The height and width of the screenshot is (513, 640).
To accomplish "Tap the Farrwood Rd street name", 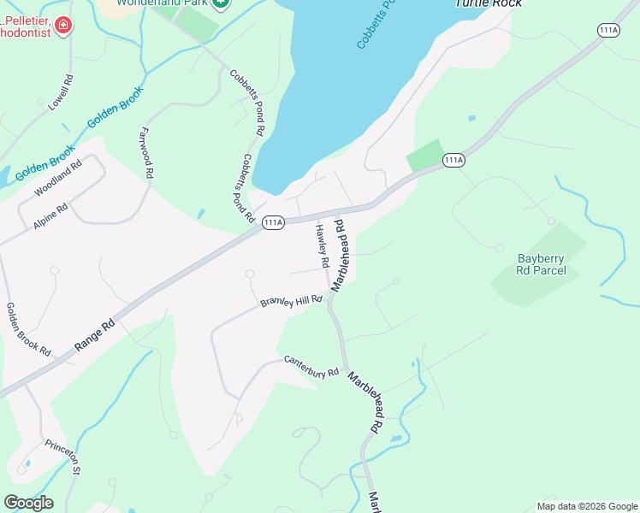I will (x=145, y=153).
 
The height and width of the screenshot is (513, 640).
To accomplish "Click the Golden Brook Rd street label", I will (x=28, y=329).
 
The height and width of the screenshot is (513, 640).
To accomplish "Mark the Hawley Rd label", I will (x=323, y=245).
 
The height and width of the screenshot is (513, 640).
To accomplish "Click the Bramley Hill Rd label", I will (x=292, y=302).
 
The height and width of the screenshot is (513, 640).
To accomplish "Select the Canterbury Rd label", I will (x=311, y=367).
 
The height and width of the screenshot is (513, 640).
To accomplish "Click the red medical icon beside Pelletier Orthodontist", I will (x=62, y=27).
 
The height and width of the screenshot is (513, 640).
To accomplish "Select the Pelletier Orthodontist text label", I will (x=26, y=26).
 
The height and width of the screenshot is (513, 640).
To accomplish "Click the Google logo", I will (x=28, y=502).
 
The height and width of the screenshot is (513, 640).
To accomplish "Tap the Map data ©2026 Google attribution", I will (x=586, y=506).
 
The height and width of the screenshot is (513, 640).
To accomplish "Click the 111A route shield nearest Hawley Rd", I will (x=273, y=222).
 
